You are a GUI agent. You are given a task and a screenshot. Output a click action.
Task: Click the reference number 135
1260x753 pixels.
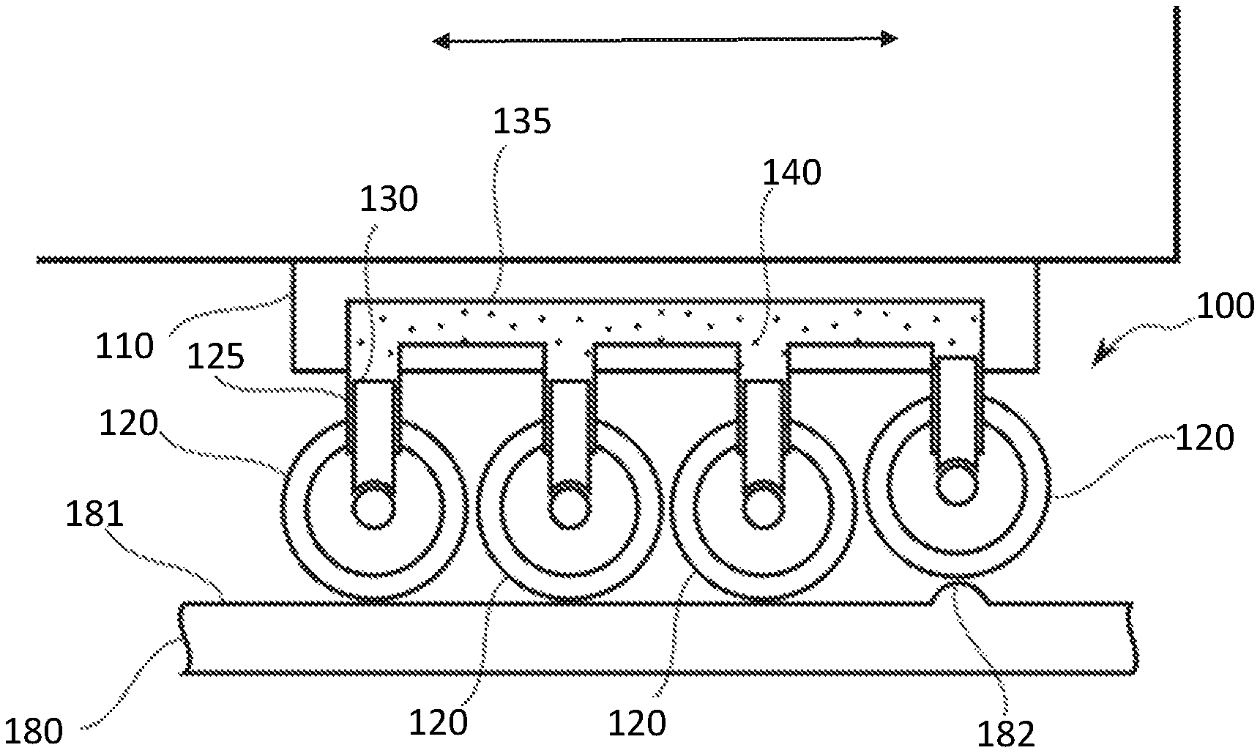coord(521,122)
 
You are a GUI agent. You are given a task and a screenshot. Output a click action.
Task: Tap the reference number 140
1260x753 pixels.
coord(792,173)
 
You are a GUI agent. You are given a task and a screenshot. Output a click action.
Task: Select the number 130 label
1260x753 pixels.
coord(388,199)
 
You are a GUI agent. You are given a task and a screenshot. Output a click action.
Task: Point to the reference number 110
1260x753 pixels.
coord(124,346)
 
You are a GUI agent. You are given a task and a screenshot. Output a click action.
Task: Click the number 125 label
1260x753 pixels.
coord(215,357)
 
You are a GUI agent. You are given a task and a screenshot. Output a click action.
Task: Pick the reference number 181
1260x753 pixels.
coord(94,515)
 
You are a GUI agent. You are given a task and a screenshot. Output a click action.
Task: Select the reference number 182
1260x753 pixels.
coord(1007,735)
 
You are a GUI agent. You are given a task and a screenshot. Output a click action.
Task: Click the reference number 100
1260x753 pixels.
coord(1225,305)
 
